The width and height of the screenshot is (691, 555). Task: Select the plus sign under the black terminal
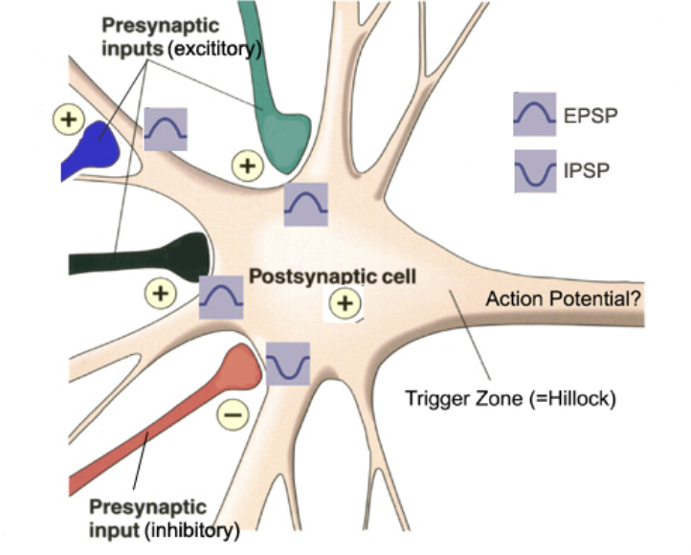click(161, 291)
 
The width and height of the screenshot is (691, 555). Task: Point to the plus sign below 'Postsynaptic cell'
click(345, 304)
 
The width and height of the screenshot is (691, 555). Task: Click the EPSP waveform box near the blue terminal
click(166, 128)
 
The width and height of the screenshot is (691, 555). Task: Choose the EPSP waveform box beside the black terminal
click(221, 297)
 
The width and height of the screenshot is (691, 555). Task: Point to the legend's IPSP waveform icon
click(535, 171)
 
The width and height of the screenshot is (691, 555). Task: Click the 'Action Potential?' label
click(564, 299)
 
